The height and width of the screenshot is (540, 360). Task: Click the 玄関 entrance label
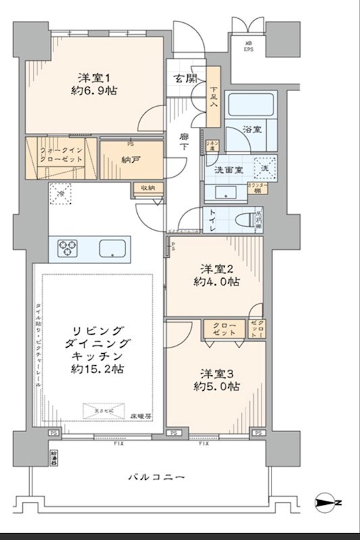[x=186, y=78]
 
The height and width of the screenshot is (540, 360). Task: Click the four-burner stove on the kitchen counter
[x=68, y=248]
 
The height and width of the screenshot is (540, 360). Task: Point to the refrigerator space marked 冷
[x=61, y=192]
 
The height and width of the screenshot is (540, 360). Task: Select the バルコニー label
[x=156, y=478]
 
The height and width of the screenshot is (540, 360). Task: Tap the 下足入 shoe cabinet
[x=213, y=97]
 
